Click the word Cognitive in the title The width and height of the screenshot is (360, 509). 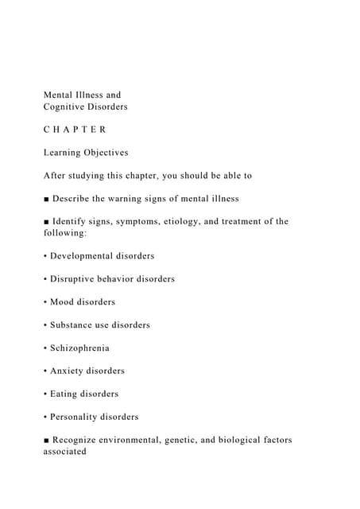67,107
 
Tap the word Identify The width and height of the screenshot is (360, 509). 74,221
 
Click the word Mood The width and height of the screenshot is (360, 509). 62,302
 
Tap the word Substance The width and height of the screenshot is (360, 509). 73,324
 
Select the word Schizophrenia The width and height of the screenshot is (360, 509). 80,348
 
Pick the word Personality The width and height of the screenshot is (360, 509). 75,417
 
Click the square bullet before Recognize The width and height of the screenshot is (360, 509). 46,440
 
